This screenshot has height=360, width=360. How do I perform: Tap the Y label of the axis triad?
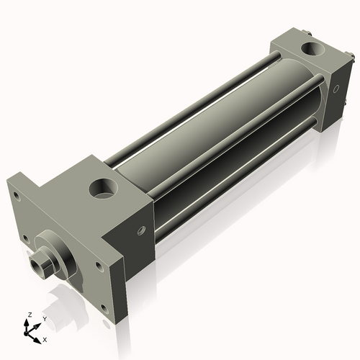tap(44, 318)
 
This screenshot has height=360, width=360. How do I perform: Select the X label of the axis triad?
tap(45, 338)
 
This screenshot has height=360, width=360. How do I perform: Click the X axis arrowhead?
tap(38, 336)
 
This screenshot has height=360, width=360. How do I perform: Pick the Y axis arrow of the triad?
tap(37, 325)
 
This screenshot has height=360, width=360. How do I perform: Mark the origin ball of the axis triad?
tap(30, 332)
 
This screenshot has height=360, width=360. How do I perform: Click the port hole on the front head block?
tap(101, 191)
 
